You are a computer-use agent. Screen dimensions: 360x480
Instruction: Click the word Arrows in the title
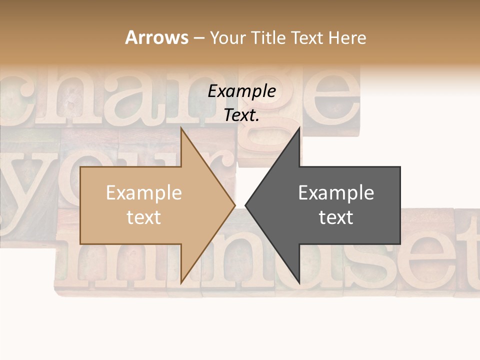click(x=156, y=37)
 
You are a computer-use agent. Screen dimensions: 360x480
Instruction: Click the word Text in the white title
click(x=308, y=37)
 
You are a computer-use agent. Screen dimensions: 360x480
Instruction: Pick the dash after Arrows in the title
click(x=198, y=38)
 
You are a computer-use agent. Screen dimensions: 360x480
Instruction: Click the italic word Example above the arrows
click(x=242, y=91)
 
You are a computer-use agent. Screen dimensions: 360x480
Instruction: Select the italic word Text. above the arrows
click(x=242, y=115)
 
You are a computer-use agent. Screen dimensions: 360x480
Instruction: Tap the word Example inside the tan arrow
click(x=144, y=193)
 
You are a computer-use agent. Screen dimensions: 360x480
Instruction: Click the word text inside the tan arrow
click(x=144, y=217)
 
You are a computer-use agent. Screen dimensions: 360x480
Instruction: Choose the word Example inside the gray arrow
click(x=336, y=193)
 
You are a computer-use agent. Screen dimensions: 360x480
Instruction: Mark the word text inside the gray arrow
click(x=336, y=217)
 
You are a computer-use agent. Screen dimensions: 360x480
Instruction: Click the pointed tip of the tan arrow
click(x=234, y=205)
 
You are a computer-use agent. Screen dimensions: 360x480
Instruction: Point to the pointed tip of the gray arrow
click(x=245, y=205)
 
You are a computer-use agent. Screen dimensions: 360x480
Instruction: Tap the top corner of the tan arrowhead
click(x=181, y=129)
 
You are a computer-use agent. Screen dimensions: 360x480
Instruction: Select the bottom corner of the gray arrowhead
click(x=299, y=282)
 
